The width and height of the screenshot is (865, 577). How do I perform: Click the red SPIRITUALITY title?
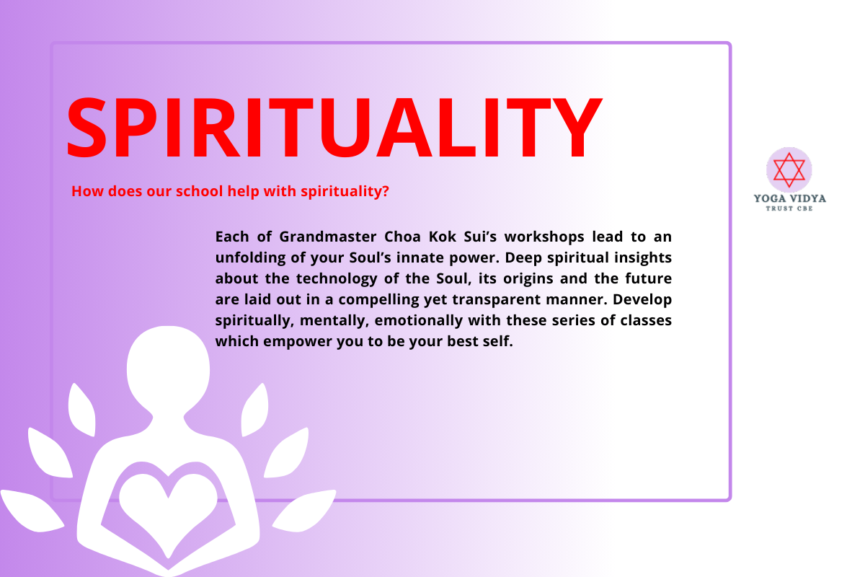pos(334,128)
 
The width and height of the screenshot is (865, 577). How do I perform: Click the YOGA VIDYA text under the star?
pos(790,198)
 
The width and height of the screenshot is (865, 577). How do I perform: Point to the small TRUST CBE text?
pos(789,208)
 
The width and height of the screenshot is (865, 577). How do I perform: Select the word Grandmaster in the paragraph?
pos(328,237)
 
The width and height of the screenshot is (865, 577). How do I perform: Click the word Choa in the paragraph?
pos(402,237)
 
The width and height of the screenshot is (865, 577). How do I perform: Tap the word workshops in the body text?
pos(544,237)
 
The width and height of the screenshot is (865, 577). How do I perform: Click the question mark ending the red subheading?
pos(385,191)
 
